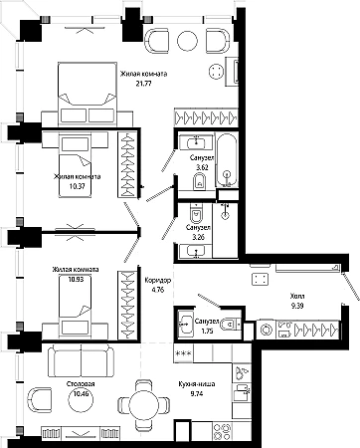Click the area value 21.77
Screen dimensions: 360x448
click(x=143, y=84)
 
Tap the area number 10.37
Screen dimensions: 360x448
click(x=78, y=186)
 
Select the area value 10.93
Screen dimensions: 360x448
click(x=76, y=279)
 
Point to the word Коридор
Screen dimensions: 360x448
click(x=158, y=281)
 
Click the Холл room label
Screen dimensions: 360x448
click(x=297, y=296)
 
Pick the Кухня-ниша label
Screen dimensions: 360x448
click(x=197, y=384)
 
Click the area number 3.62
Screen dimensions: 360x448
click(x=202, y=167)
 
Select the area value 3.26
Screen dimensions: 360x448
click(x=198, y=237)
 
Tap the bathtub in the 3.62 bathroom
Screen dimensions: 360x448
click(x=227, y=160)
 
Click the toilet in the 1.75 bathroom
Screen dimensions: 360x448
click(x=231, y=325)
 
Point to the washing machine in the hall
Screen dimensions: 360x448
click(x=266, y=330)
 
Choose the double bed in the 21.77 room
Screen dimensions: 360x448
click(x=88, y=94)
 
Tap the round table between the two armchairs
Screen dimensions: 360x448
click(x=187, y=41)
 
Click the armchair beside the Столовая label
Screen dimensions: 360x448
click(x=41, y=399)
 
